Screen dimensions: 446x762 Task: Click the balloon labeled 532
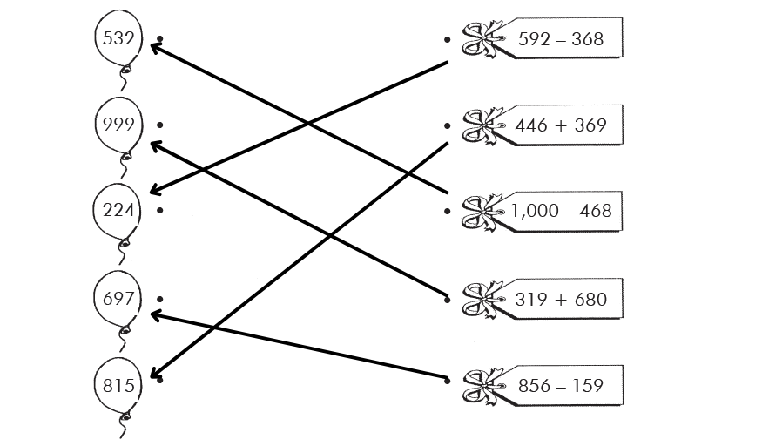click(118, 39)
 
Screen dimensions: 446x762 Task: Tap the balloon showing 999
click(118, 125)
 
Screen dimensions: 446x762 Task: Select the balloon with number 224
click(118, 211)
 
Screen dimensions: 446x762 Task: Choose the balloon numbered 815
click(118, 384)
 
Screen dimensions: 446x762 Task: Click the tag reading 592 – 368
click(560, 39)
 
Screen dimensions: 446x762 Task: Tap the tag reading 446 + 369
click(560, 125)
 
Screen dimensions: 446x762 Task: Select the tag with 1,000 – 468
click(560, 211)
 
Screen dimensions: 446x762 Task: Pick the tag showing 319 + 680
click(560, 299)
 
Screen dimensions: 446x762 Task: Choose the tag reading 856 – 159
click(560, 385)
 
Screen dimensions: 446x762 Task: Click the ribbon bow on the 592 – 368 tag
click(481, 40)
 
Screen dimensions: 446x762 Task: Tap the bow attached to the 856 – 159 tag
click(481, 386)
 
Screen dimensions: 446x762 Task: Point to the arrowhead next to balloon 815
click(158, 376)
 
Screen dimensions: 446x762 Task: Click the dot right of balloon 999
click(161, 125)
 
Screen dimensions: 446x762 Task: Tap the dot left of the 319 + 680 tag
click(447, 299)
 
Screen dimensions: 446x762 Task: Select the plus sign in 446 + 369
click(559, 125)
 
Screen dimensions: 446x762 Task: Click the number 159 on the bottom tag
click(585, 385)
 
